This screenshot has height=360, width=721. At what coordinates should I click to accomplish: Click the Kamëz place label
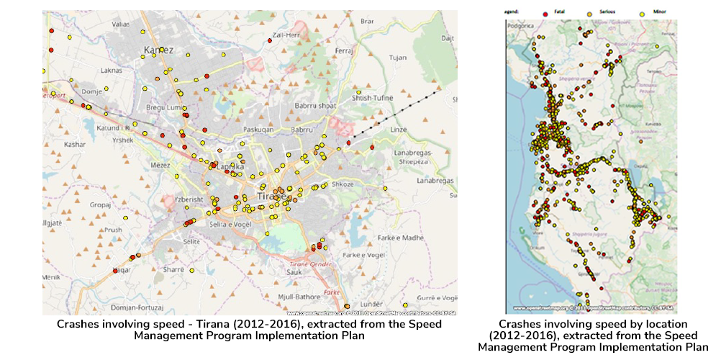[159, 50]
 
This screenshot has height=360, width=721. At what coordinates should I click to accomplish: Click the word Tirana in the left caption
[205, 324]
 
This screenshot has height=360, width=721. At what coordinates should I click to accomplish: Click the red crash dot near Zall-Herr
[268, 41]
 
